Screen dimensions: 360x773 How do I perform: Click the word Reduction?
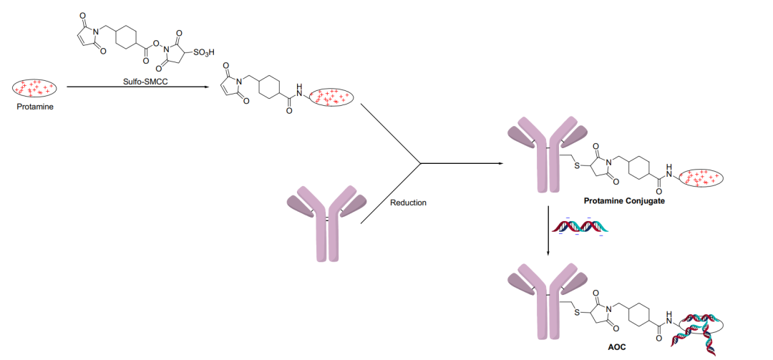tap(408, 203)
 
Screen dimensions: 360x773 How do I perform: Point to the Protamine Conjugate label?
tap(625, 201)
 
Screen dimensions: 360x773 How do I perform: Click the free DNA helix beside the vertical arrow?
tap(580, 227)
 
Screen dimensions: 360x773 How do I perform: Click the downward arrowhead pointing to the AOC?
tap(548, 253)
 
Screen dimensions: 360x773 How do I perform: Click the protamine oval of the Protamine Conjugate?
tap(701, 178)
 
